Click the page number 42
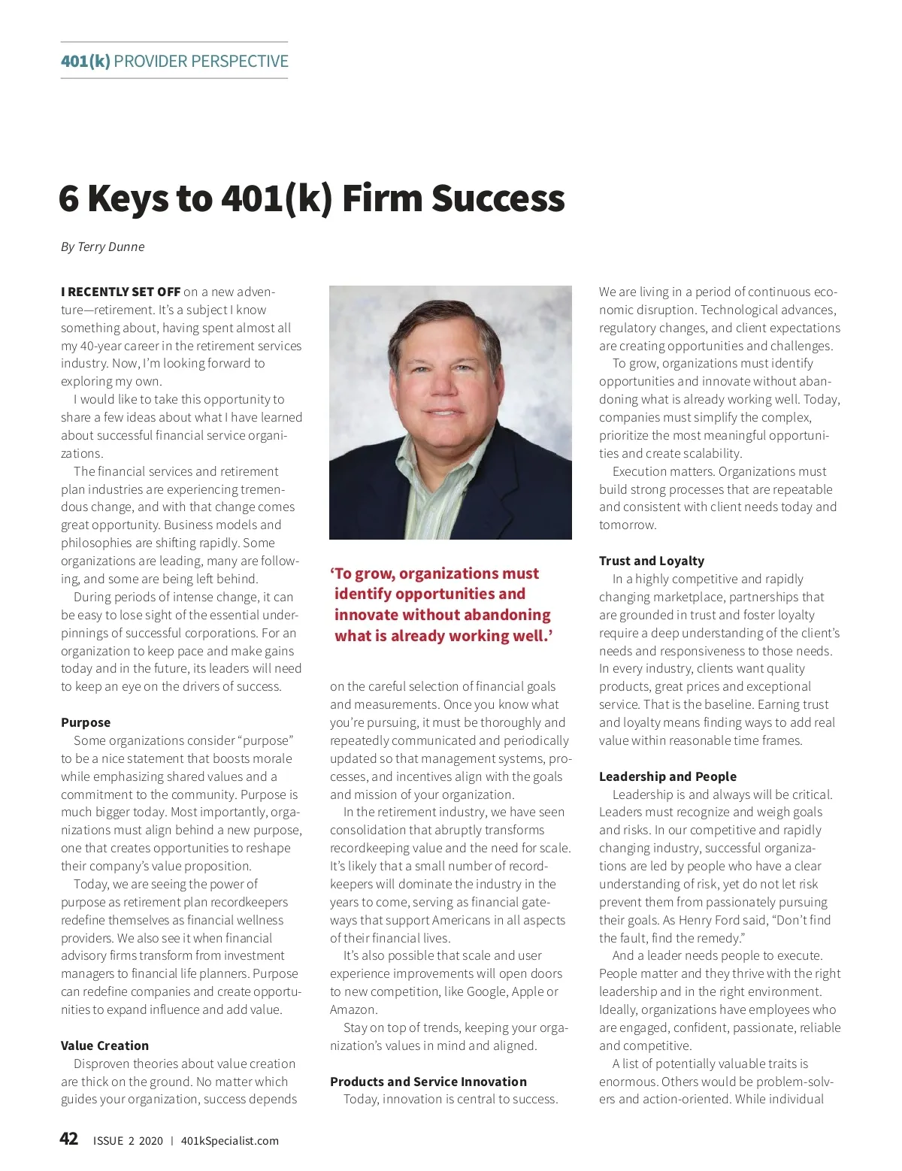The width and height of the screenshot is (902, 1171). pos(68,1139)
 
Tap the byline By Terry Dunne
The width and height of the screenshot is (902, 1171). pos(102,247)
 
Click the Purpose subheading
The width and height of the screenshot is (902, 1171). pos(86,722)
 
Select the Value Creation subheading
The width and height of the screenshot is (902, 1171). pos(104,1045)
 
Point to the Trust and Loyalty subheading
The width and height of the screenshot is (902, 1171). pos(651,561)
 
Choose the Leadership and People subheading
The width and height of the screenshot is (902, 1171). pos(667,776)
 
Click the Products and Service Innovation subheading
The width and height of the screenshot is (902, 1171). pos(428,1082)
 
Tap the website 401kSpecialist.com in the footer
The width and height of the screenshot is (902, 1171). pos(229,1141)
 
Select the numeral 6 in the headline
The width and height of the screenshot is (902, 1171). pos(68,198)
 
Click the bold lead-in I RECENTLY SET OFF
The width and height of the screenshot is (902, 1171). pos(120,292)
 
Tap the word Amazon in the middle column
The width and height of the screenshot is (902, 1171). pos(353,1009)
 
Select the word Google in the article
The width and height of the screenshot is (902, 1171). pos(486,991)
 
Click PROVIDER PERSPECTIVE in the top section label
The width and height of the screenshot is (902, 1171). pos(201,61)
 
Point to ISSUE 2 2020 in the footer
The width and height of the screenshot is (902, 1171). pos(128,1141)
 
